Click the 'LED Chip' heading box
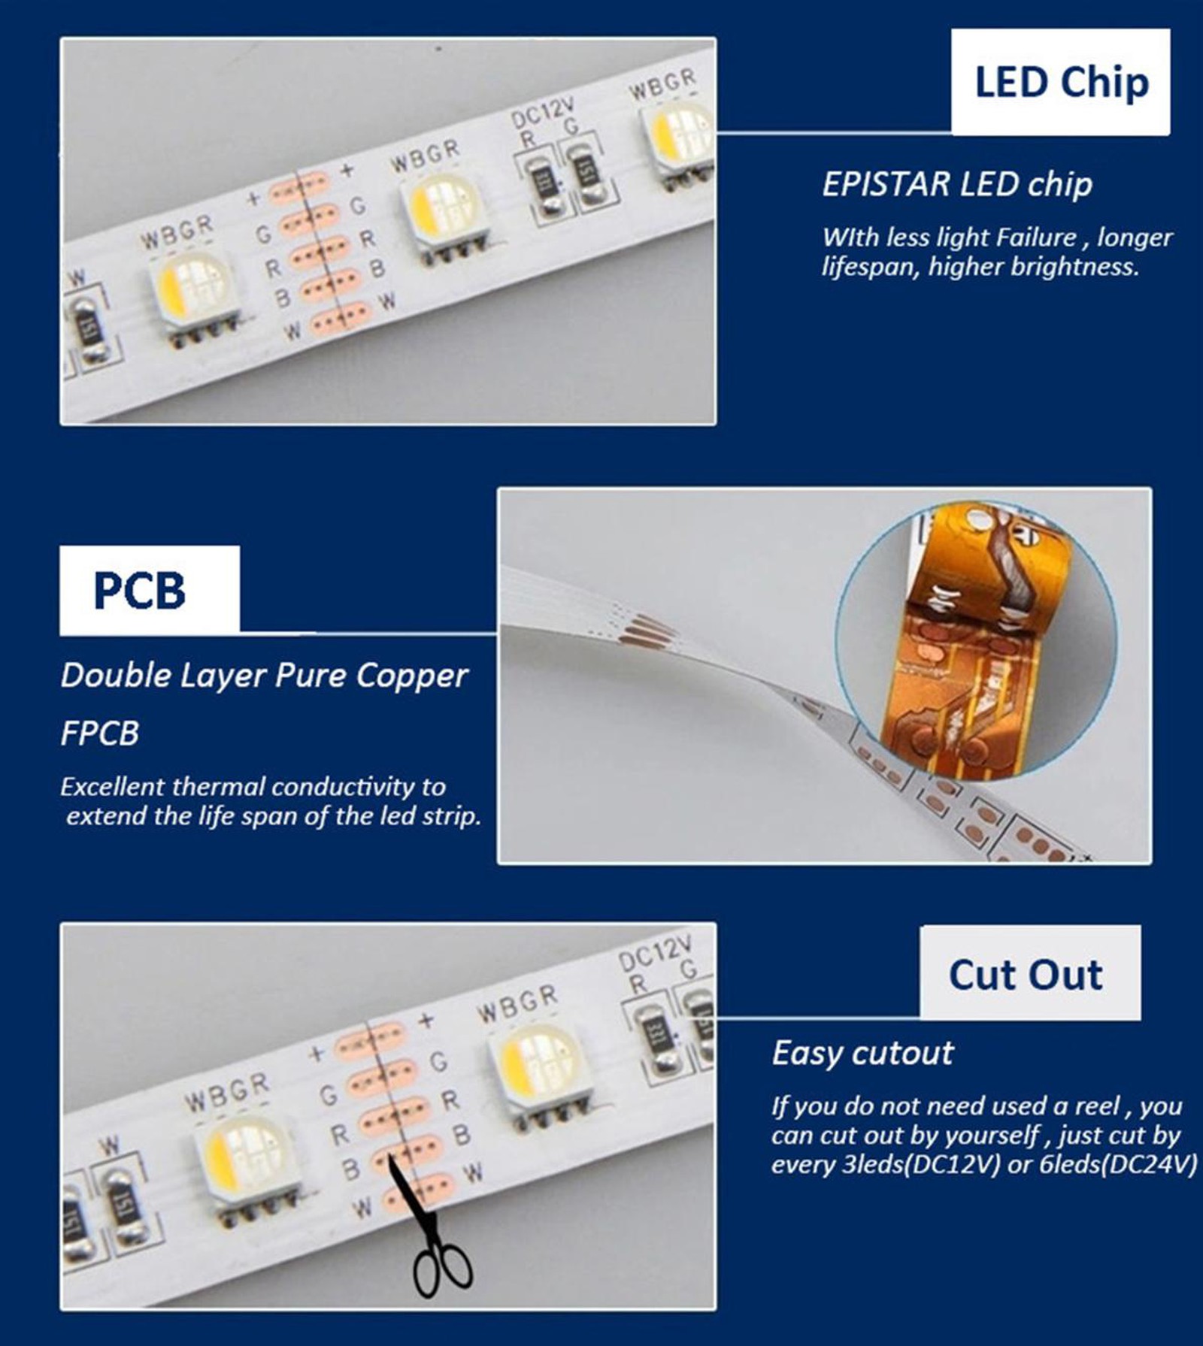(x=1060, y=82)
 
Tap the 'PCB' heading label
(x=150, y=590)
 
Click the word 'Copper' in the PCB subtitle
(x=411, y=676)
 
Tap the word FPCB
(x=100, y=733)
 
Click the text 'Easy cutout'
(x=862, y=1052)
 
